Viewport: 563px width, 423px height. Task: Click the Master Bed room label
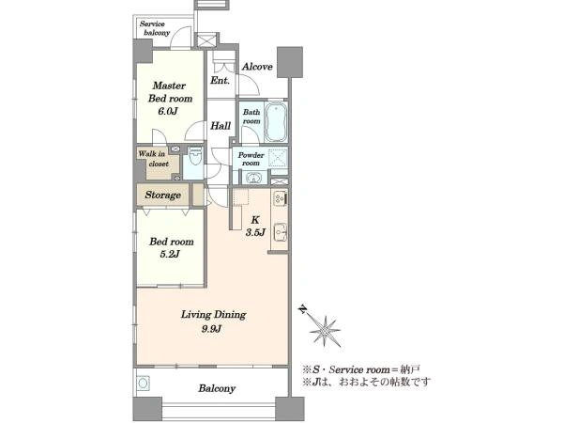170,92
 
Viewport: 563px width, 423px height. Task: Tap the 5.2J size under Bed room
170,255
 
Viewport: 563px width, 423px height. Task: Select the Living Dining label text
213,315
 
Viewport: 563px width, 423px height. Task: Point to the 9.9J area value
211,329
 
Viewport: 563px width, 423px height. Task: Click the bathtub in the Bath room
276,122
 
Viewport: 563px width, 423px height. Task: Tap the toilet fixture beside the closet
195,156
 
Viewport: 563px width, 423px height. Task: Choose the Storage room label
162,195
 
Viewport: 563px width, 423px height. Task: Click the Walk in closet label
154,159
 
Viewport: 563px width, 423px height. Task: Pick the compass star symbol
325,331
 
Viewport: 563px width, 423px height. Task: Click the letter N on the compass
303,308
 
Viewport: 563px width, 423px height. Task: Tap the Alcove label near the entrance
257,67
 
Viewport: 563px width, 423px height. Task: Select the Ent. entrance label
220,80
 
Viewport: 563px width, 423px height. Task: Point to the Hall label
221,126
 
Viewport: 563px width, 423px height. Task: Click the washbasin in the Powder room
254,178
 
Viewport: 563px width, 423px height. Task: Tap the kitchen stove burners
280,198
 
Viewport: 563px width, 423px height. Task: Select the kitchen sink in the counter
280,232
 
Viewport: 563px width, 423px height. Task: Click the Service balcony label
155,28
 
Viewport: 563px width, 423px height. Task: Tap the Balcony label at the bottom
217,388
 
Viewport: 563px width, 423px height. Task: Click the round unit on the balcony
143,384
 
